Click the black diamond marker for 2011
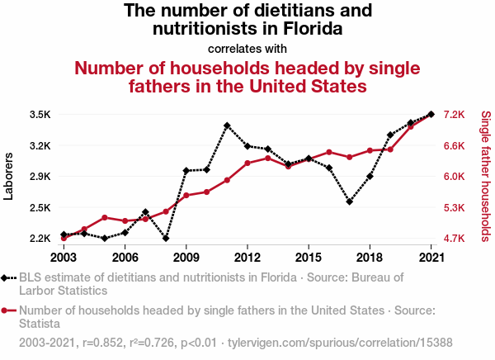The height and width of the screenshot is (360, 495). pyautogui.click(x=227, y=126)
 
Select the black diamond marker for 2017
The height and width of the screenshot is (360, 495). pyautogui.click(x=350, y=201)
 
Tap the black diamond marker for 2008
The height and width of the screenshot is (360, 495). pyautogui.click(x=166, y=239)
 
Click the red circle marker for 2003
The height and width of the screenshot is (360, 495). pyautogui.click(x=64, y=239)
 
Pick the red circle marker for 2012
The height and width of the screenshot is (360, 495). pyautogui.click(x=247, y=163)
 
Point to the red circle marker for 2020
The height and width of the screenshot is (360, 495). pyautogui.click(x=411, y=126)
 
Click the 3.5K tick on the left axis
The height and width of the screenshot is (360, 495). pyautogui.click(x=40, y=115)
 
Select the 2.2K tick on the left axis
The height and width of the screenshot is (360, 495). pyautogui.click(x=40, y=239)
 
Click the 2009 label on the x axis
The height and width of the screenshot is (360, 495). pyautogui.click(x=186, y=255)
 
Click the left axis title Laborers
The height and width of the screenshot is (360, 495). pyautogui.click(x=9, y=176)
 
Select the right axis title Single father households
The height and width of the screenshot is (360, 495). pyautogui.click(x=486, y=176)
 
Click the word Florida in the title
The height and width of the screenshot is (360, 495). pyautogui.click(x=311, y=30)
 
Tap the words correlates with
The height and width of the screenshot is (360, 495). pyautogui.click(x=247, y=48)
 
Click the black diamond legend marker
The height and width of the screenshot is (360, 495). pyautogui.click(x=7, y=278)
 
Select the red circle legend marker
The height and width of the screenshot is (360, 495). pyautogui.click(x=7, y=311)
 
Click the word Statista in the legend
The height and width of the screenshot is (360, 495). pyautogui.click(x=40, y=324)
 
